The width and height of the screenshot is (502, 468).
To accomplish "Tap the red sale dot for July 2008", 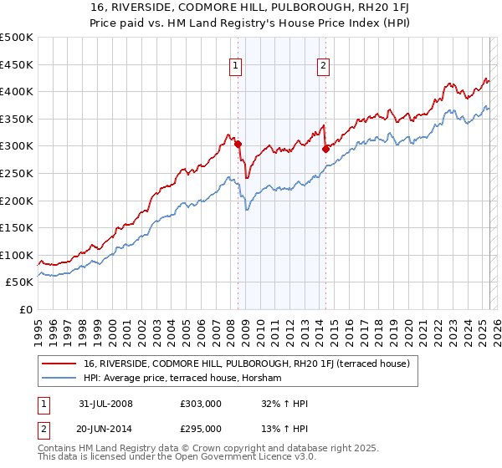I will click(238, 144).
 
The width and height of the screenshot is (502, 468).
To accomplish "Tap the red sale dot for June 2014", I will click(325, 149).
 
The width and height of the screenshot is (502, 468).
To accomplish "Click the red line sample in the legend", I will click(59, 364).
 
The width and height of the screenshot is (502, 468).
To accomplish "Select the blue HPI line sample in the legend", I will click(59, 379).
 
